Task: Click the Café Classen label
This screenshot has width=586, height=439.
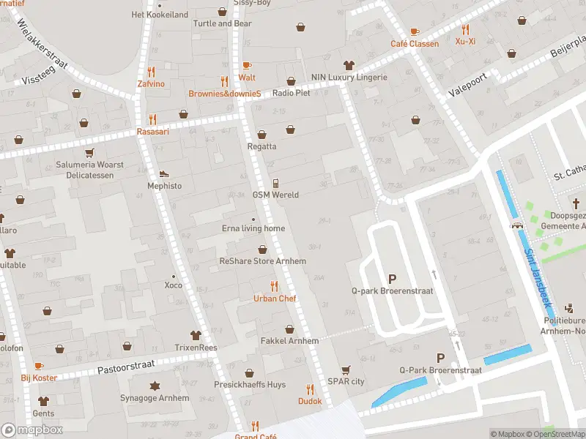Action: tap(415, 44)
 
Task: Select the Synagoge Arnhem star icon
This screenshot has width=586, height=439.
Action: tap(155, 386)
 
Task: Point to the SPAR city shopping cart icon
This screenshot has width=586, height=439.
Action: tap(346, 369)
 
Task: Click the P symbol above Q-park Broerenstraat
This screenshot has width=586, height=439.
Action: tap(392, 279)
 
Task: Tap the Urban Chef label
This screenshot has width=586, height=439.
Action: tap(275, 299)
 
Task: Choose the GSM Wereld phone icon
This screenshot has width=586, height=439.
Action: tap(275, 183)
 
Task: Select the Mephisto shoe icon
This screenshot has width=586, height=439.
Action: tap(164, 174)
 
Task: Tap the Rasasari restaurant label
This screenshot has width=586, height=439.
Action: tap(153, 132)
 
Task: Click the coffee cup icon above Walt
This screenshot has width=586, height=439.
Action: tap(247, 65)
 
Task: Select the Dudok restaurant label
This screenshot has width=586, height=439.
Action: tap(309, 401)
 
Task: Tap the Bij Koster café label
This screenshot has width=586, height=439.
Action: tap(39, 378)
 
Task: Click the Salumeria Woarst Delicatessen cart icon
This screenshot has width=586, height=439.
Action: tap(89, 153)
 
